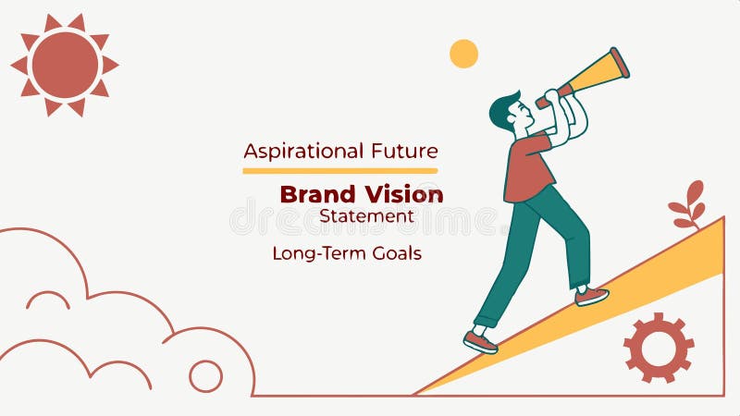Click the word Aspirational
pyautogui.click(x=290, y=151)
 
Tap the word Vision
pyautogui.click(x=403, y=194)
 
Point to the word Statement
pyautogui.click(x=366, y=216)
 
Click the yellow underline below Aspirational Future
pyautogui.click(x=339, y=171)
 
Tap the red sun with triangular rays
pyautogui.click(x=65, y=65)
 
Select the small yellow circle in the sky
pyautogui.click(x=463, y=54)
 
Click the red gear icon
pyautogui.click(x=659, y=348)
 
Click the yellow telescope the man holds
pyautogui.click(x=592, y=76)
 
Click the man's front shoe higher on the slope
pyautogui.click(x=591, y=296)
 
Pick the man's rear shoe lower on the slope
pyautogui.click(x=480, y=342)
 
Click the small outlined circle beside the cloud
pyautogui.click(x=205, y=376)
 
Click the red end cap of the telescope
pyautogui.click(x=620, y=62)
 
